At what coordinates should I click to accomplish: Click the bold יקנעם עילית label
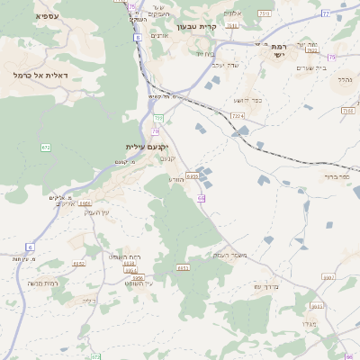(x=147, y=146)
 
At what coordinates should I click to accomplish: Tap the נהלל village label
(x=345, y=79)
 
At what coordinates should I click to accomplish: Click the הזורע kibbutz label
(x=176, y=179)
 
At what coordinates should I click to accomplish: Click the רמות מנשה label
(x=43, y=283)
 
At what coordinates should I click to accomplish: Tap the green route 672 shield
(x=46, y=147)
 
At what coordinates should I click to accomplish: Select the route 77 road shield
(x=325, y=14)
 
